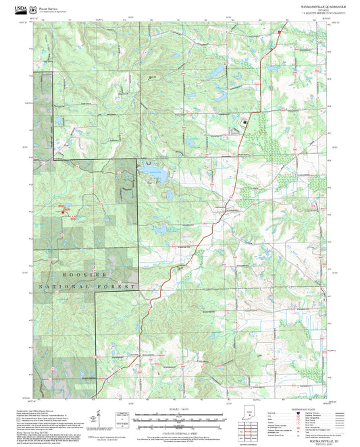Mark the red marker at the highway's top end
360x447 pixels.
click(278, 31)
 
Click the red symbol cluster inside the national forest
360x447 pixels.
click(66, 209)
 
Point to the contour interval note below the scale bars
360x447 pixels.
click(178, 431)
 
